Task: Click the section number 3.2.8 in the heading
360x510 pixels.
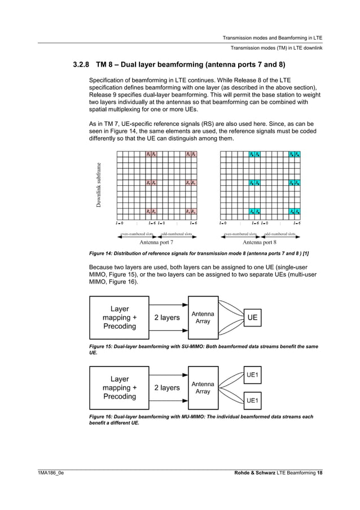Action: [83, 64]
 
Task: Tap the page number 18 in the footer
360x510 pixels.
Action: [319, 472]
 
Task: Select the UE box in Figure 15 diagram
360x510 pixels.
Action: [252, 317]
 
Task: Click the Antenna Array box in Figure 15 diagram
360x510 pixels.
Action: [203, 317]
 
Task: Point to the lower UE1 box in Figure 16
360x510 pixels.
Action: [252, 400]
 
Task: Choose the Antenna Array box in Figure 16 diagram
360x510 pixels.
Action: [203, 387]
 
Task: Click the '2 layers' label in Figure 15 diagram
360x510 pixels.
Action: [167, 317]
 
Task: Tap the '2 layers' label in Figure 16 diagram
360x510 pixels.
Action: [167, 387]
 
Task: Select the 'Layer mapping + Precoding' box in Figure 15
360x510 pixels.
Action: [119, 317]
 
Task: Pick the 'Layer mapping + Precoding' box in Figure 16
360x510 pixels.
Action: [119, 387]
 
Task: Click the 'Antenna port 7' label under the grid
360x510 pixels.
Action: [156, 242]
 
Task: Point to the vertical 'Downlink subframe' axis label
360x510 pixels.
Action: [99, 185]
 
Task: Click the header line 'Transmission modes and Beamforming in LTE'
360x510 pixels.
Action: [272, 37]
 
